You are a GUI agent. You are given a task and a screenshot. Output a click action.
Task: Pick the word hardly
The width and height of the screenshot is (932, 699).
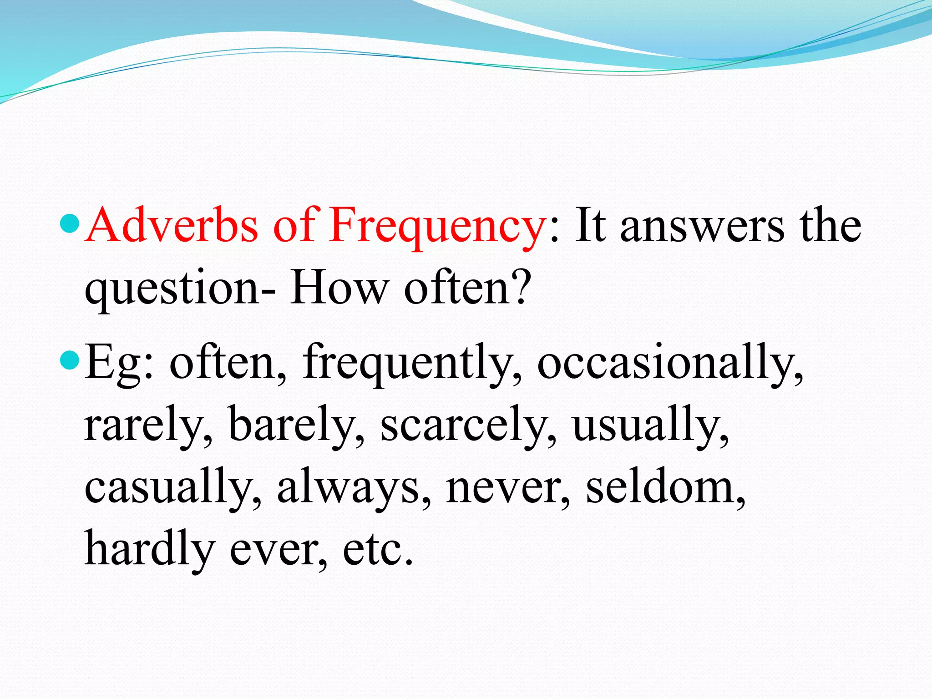(150, 549)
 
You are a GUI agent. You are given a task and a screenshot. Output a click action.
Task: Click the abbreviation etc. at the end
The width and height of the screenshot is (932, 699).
(377, 549)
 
